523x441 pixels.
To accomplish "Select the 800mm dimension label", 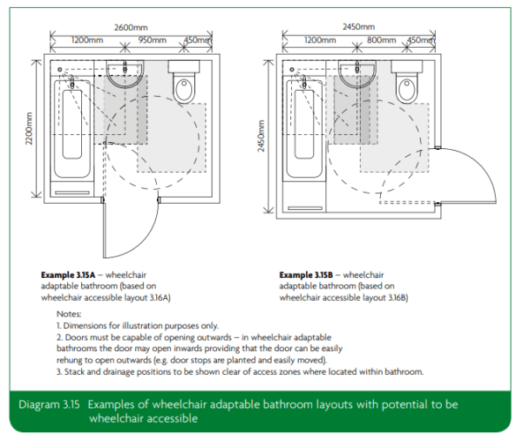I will tap(379, 40).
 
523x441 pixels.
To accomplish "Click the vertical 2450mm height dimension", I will tap(261, 135).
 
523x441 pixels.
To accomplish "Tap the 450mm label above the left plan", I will tap(197, 40).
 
